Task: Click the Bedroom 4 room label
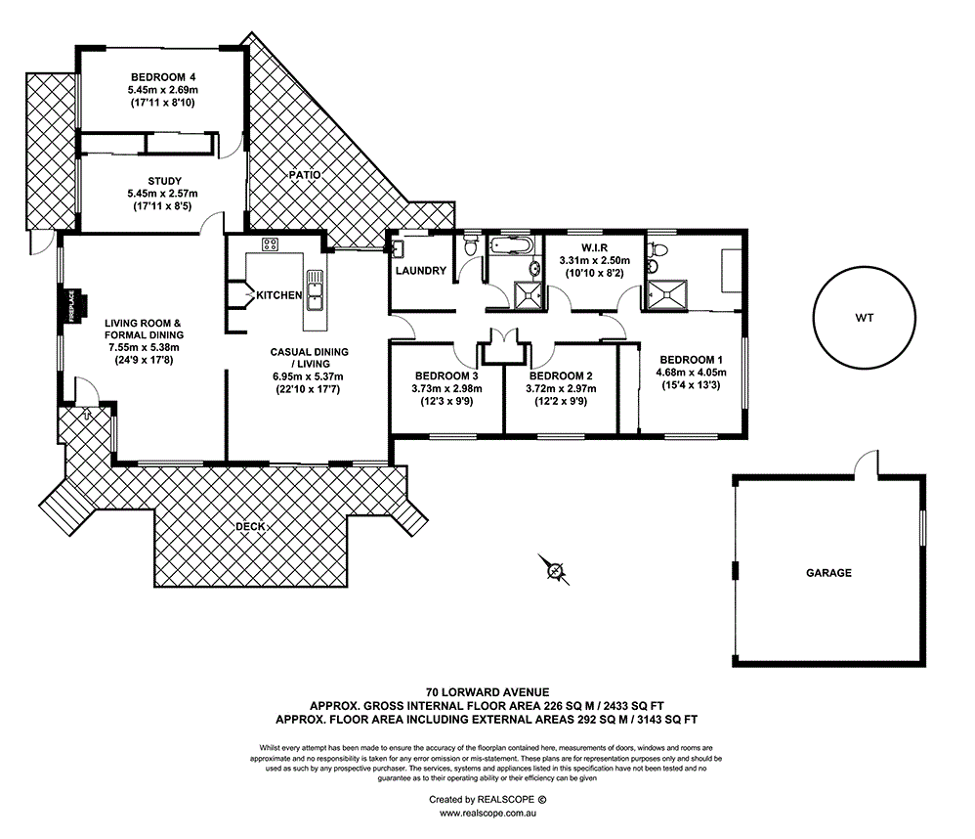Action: (163, 77)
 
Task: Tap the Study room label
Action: (165, 181)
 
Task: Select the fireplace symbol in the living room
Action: (73, 306)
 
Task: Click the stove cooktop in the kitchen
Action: (270, 244)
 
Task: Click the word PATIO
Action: (305, 175)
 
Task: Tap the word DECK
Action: (251, 526)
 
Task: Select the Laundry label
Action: (421, 271)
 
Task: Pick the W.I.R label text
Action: (594, 247)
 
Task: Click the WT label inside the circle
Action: (865, 318)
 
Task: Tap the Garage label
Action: (828, 573)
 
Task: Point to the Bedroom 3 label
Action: (446, 375)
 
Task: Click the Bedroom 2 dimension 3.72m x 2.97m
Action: (561, 389)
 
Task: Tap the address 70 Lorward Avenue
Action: (487, 692)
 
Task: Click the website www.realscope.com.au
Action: (488, 813)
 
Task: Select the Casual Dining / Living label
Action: (309, 358)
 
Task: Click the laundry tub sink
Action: (398, 249)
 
